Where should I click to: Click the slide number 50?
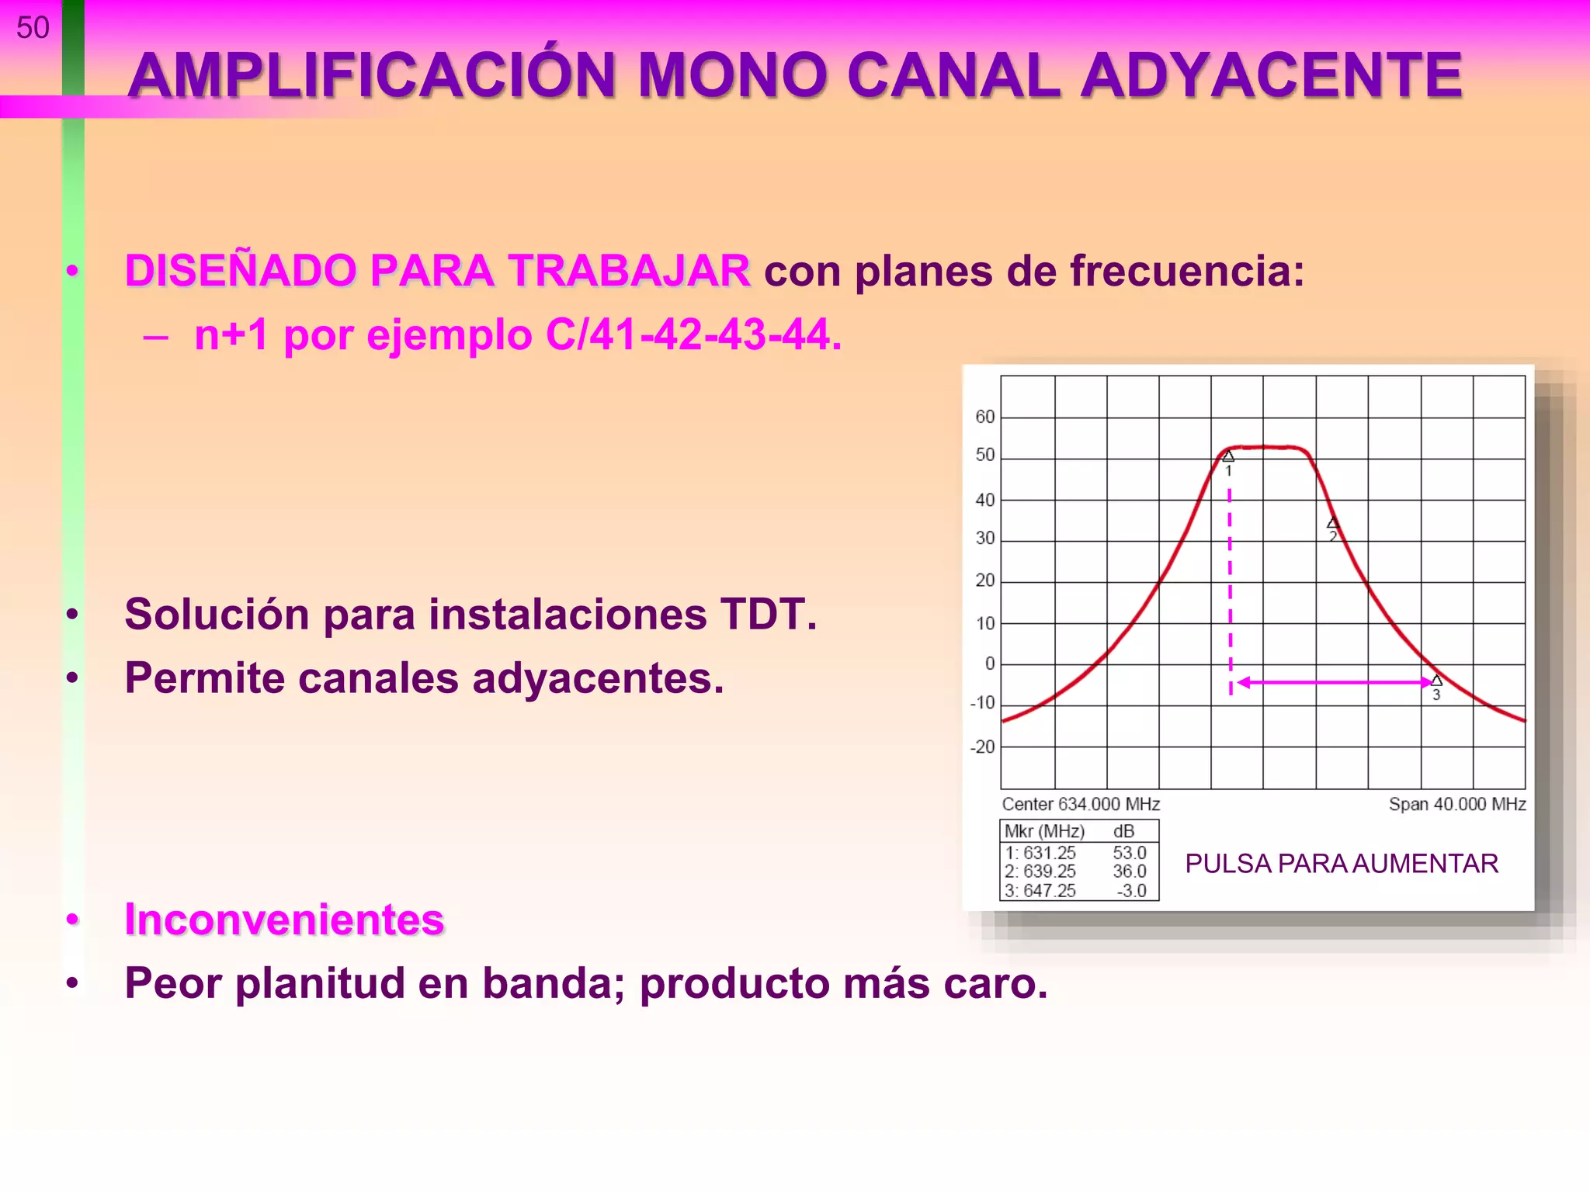pos(33,28)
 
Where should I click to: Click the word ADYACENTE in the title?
pos(1271,76)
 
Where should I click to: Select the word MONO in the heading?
pos(732,76)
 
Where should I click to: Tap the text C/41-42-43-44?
pos(693,335)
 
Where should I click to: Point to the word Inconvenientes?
pos(284,920)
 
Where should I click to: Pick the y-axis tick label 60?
pos(984,417)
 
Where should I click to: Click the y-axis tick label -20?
pos(982,747)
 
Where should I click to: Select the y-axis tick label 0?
pos(989,664)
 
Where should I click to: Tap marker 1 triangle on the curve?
pos(1228,456)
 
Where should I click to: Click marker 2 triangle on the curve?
pos(1333,523)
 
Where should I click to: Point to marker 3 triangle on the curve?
pos(1436,681)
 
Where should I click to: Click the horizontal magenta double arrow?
pos(1334,682)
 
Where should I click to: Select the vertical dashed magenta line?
pos(1230,590)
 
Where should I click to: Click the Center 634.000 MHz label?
pos(1080,804)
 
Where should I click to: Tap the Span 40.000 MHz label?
pos(1456,804)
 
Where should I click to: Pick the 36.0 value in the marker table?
pos(1129,871)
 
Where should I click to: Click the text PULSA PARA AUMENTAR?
pos(1341,864)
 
